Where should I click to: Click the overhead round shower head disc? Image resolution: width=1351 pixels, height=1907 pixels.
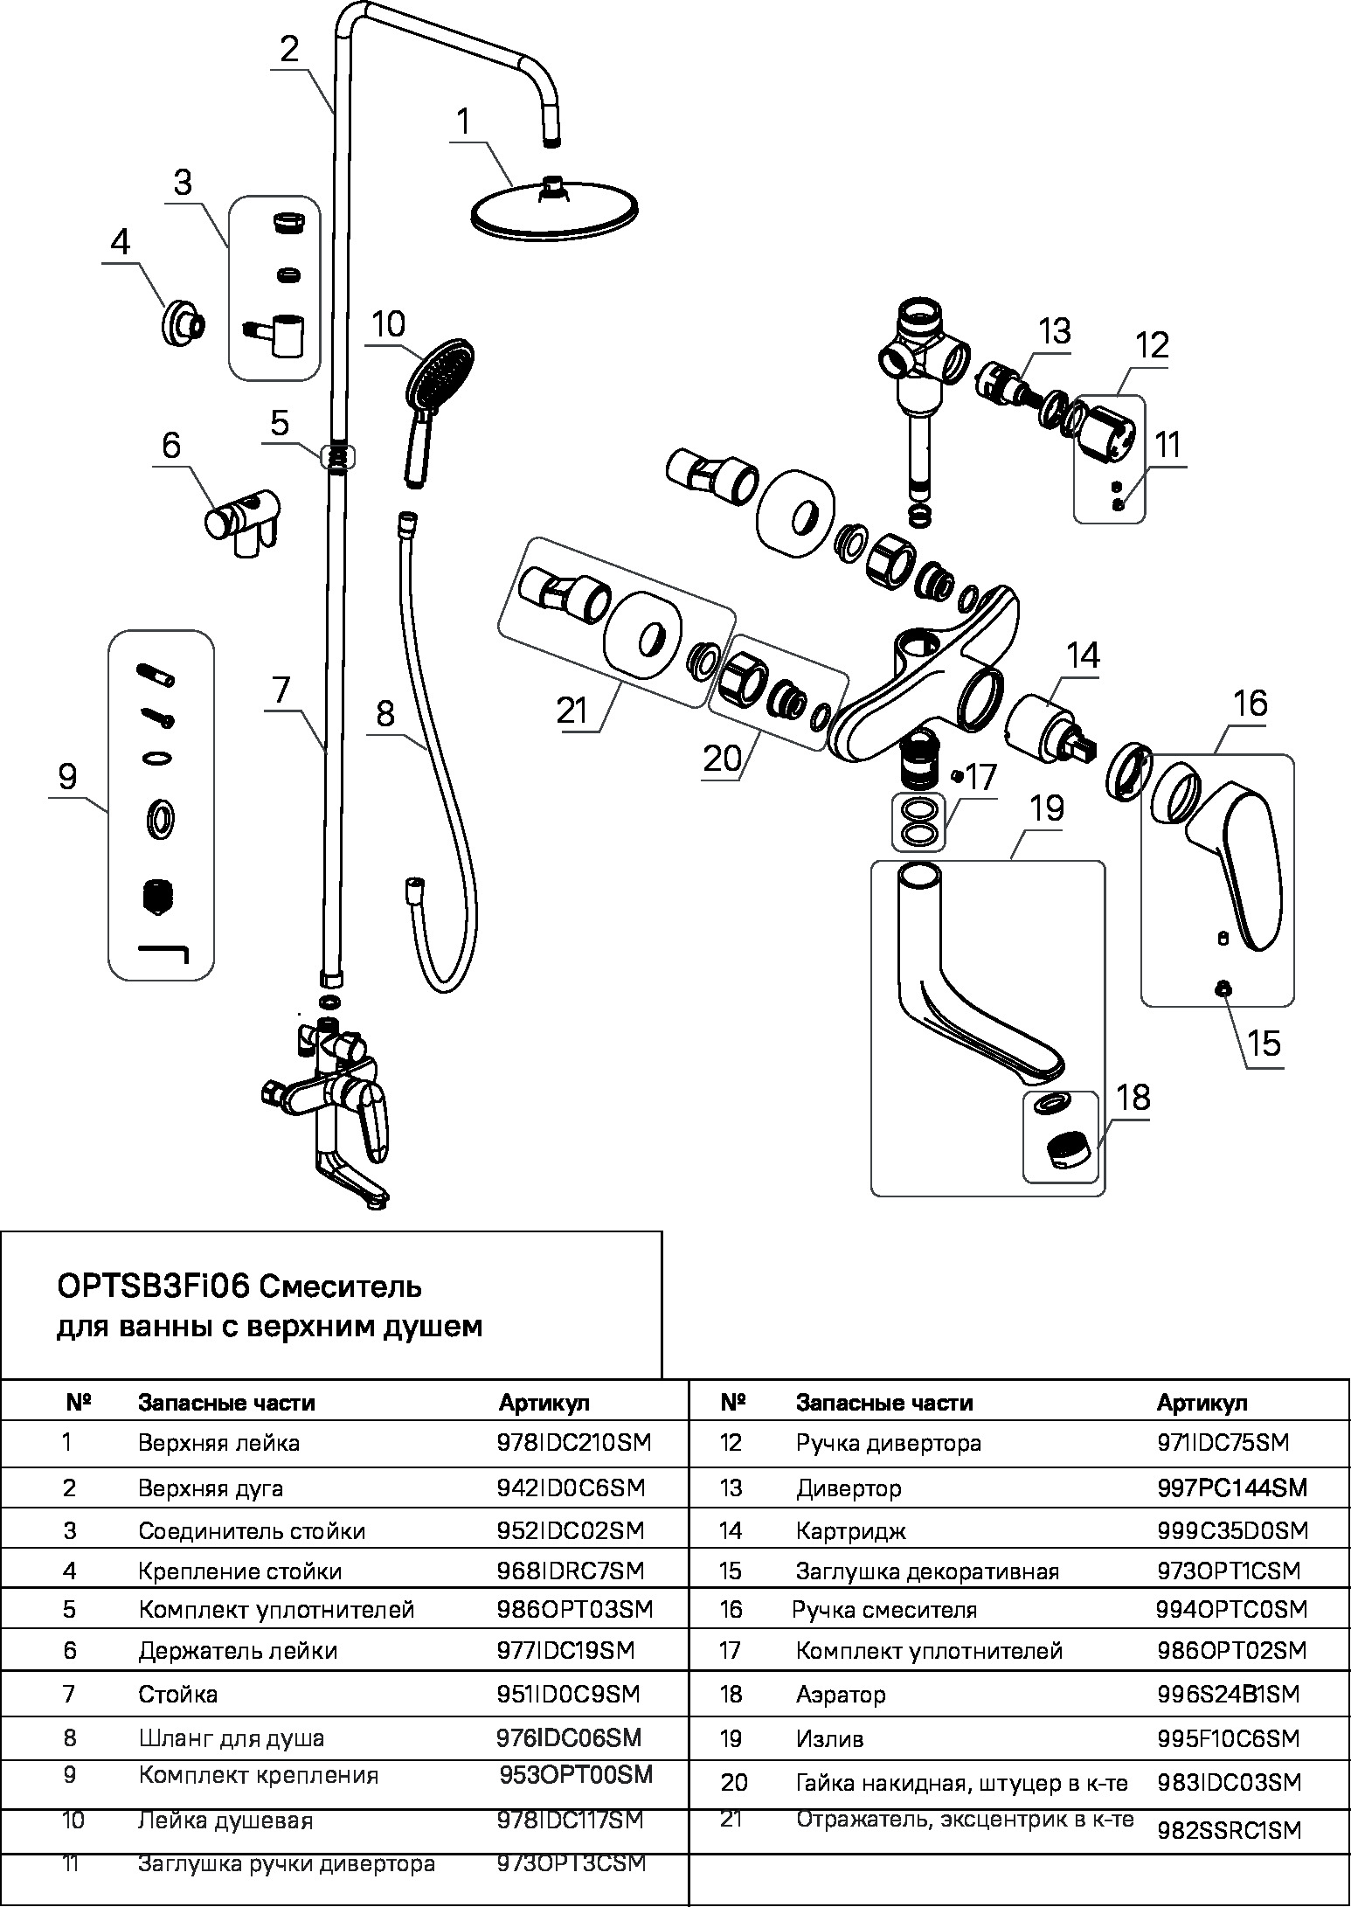tap(555, 211)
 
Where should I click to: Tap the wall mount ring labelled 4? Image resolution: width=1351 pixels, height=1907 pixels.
tap(183, 325)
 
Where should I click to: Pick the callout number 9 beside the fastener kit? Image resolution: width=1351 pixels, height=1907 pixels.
tap(68, 777)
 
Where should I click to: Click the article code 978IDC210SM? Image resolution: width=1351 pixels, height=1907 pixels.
tap(574, 1442)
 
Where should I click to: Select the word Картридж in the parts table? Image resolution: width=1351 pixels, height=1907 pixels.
tap(850, 1530)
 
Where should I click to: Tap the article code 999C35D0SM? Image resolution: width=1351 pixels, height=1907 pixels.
tap(1232, 1530)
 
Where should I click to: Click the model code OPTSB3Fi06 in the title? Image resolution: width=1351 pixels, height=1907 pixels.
tap(153, 1287)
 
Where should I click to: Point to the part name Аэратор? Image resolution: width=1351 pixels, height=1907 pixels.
tap(840, 1695)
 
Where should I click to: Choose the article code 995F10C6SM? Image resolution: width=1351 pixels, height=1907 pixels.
tap(1228, 1738)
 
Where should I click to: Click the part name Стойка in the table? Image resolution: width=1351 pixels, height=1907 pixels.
tap(177, 1695)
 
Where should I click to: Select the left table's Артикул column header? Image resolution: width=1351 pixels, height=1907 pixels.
tap(544, 1403)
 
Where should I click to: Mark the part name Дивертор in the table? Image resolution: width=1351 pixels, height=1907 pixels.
tap(849, 1487)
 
